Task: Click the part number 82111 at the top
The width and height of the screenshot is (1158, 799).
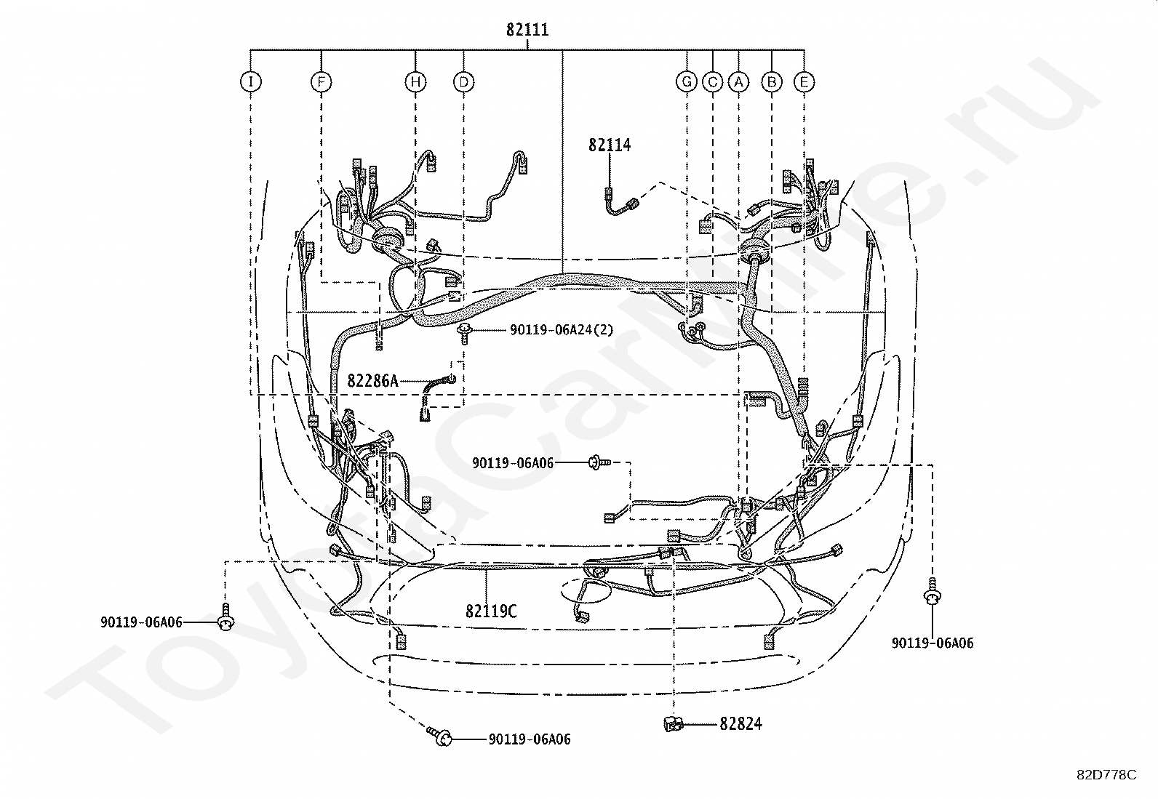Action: click(x=527, y=30)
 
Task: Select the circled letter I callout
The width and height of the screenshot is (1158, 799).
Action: click(x=251, y=81)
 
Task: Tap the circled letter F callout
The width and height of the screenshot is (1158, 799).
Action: click(x=321, y=81)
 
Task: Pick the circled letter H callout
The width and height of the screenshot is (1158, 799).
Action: click(x=415, y=81)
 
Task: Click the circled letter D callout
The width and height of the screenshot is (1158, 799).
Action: click(x=464, y=81)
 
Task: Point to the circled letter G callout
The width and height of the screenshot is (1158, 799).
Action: click(x=687, y=81)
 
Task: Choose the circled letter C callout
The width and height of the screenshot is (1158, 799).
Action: click(x=712, y=81)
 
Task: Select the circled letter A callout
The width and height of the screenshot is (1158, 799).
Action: click(x=738, y=81)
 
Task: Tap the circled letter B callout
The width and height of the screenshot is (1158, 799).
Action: click(x=772, y=81)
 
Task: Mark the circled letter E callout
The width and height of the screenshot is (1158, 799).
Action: click(x=804, y=81)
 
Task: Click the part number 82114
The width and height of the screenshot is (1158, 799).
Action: click(x=610, y=145)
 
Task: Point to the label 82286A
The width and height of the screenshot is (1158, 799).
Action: click(x=372, y=381)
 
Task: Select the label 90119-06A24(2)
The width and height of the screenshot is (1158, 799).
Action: click(x=562, y=330)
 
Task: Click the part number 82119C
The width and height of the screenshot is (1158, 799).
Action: click(x=491, y=611)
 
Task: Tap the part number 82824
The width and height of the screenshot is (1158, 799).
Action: click(x=740, y=724)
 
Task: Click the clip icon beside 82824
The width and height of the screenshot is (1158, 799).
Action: click(x=673, y=724)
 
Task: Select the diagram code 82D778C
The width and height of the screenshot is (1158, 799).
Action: click(x=1107, y=775)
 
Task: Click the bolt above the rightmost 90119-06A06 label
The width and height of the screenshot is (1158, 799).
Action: click(x=932, y=592)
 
